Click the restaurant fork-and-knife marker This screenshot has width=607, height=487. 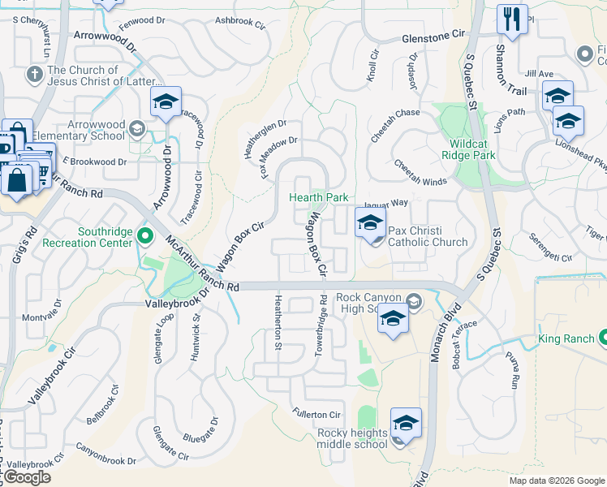pyautogui.click(x=511, y=19)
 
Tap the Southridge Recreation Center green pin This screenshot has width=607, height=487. pyautogui.click(x=145, y=237)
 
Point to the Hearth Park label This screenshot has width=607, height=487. pyautogui.click(x=320, y=197)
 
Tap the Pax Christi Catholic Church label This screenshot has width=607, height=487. pyautogui.click(x=428, y=236)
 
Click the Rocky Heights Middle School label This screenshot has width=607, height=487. pyautogui.click(x=352, y=438)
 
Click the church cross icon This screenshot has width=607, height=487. pyautogui.click(x=33, y=75)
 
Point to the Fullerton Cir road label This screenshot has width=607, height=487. pyautogui.click(x=316, y=415)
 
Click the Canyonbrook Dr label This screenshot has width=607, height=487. pyautogui.click(x=106, y=454)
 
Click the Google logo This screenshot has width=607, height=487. pyautogui.click(x=27, y=477)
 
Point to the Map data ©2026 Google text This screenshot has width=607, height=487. pyautogui.click(x=556, y=481)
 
